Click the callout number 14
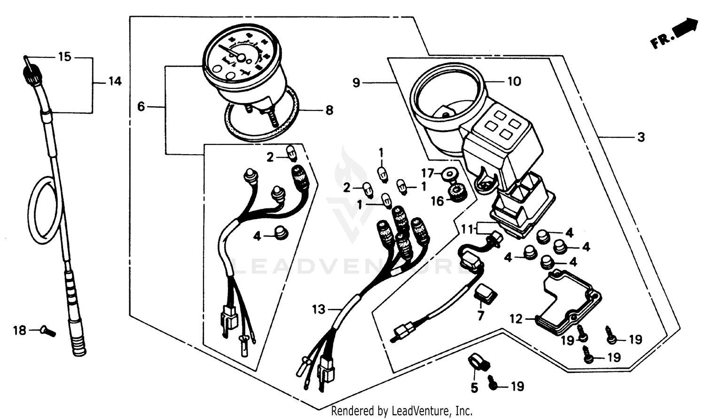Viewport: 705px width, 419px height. (x=115, y=81)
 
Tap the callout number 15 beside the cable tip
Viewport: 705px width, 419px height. (x=65, y=57)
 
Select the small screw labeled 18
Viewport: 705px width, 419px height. (x=48, y=332)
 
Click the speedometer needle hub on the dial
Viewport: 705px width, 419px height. (x=241, y=57)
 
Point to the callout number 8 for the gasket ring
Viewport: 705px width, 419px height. (x=329, y=110)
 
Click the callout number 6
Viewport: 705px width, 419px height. (x=141, y=107)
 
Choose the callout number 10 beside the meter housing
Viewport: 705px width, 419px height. (x=514, y=81)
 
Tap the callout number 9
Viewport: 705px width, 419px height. (x=356, y=83)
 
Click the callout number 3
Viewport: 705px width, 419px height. (x=641, y=137)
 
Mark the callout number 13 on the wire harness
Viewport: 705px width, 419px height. (x=319, y=309)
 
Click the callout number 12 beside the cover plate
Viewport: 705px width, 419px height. (x=516, y=319)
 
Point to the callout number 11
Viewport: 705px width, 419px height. (x=467, y=229)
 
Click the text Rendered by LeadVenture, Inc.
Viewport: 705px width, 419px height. (x=402, y=411)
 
